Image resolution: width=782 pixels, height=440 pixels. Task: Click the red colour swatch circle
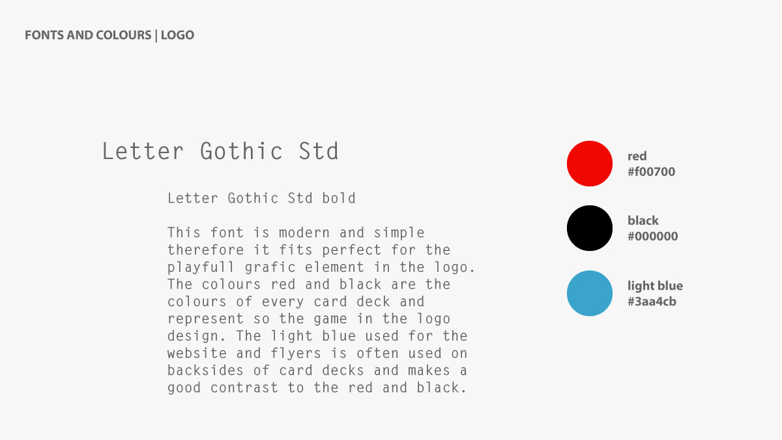[590, 164]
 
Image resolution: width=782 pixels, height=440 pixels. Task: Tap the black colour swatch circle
[590, 228]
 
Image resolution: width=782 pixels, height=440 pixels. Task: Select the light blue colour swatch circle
[590, 293]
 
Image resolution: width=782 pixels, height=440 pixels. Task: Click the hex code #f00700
[652, 172]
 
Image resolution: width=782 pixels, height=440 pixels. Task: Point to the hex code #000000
[653, 237]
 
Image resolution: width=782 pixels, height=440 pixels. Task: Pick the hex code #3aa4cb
[652, 302]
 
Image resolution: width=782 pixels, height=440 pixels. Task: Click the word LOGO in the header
[177, 35]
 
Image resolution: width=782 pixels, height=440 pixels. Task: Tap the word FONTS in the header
[44, 35]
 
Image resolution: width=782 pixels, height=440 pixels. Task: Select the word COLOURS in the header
[124, 35]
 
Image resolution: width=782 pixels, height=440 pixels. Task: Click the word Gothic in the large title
[241, 151]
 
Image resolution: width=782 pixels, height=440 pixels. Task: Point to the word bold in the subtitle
[339, 198]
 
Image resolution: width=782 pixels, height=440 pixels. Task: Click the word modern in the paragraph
[304, 233]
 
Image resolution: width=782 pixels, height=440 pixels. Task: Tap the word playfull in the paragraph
[201, 268]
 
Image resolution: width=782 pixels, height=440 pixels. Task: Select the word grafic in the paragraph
[270, 268]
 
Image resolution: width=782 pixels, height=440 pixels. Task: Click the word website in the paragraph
[197, 353]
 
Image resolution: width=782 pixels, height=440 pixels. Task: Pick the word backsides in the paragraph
[205, 370]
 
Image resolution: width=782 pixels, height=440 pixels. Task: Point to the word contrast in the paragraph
[244, 388]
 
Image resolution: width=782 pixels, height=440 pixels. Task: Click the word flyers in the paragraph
[296, 354]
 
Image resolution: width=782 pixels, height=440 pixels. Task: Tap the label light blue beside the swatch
[656, 286]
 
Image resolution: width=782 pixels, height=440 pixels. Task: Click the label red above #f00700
[637, 156]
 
